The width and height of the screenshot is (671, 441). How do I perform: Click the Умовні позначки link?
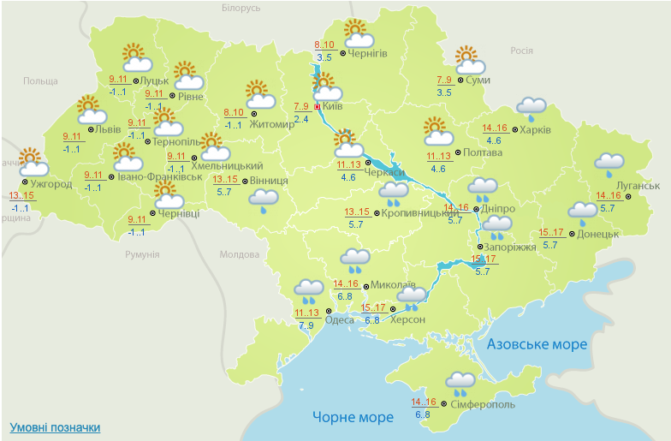tap(55, 427)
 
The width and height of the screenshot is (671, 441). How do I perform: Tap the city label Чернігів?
tap(368, 53)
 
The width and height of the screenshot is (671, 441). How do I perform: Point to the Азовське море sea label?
tap(537, 344)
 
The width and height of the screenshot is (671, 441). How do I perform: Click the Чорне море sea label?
tap(353, 417)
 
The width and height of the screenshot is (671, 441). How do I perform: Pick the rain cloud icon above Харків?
tap(531, 108)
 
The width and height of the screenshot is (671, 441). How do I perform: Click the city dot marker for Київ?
tap(318, 107)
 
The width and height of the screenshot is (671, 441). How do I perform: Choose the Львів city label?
tap(108, 130)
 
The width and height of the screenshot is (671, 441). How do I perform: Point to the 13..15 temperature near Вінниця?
tap(225, 179)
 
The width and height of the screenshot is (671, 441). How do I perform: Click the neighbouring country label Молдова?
tap(239, 254)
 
